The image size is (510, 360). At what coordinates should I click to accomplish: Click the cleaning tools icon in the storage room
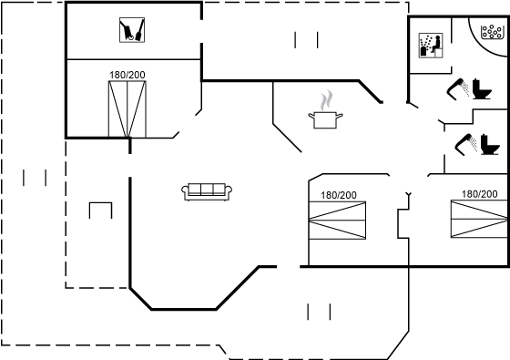pyautogui.click(x=132, y=30)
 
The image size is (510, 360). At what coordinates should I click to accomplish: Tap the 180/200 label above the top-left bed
pyautogui.click(x=127, y=75)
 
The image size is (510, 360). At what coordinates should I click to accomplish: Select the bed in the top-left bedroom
pyautogui.click(x=127, y=109)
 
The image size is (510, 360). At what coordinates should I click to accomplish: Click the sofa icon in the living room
pyautogui.click(x=207, y=191)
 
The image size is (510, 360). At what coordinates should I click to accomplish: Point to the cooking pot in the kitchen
pyautogui.click(x=325, y=119)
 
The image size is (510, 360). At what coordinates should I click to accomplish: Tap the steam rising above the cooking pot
pyautogui.click(x=327, y=100)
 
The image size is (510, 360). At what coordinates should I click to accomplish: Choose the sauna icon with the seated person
pyautogui.click(x=431, y=46)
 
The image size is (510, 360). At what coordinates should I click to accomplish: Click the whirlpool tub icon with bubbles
pyautogui.click(x=491, y=32)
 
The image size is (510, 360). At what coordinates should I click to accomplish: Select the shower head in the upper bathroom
pyautogui.click(x=457, y=88)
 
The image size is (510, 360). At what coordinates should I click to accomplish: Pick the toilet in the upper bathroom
pyautogui.click(x=482, y=89)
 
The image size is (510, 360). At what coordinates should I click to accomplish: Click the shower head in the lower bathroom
pyautogui.click(x=465, y=144)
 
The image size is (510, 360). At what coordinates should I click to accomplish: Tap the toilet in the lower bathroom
pyautogui.click(x=490, y=144)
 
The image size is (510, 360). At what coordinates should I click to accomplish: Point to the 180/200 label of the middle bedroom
pyautogui.click(x=339, y=195)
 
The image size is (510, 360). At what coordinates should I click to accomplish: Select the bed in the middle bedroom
pyautogui.click(x=337, y=221)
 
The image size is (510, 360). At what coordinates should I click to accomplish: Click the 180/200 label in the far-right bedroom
pyautogui.click(x=480, y=194)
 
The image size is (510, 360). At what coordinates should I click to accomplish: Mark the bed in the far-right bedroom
pyautogui.click(x=479, y=219)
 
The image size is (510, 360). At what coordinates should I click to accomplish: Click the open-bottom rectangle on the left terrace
pyautogui.click(x=100, y=203)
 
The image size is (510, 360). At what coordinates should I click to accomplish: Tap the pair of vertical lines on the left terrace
pyautogui.click(x=35, y=178)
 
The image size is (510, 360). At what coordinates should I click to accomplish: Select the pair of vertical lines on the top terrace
pyautogui.click(x=306, y=40)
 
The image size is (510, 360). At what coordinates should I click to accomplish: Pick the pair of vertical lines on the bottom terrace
pyautogui.click(x=319, y=312)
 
